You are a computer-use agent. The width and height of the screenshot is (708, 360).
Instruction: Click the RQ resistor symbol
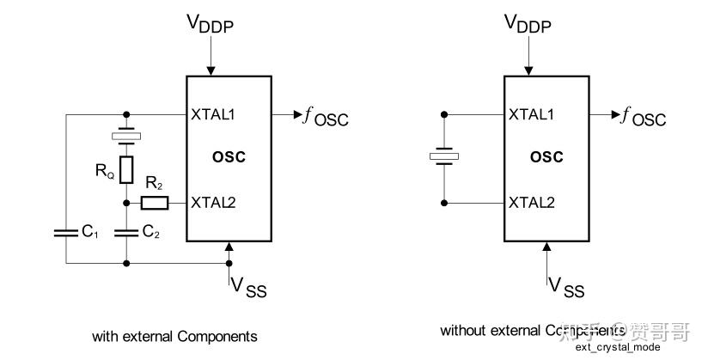[x=126, y=170]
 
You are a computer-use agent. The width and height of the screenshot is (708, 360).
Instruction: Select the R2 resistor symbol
[x=155, y=204]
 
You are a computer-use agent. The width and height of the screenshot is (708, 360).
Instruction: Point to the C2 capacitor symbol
[x=126, y=232]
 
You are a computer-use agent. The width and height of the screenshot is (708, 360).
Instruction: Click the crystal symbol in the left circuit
[x=126, y=137]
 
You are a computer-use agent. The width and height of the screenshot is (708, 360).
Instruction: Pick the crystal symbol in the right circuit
[x=444, y=157]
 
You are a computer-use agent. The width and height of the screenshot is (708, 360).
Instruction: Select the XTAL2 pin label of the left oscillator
[x=212, y=203]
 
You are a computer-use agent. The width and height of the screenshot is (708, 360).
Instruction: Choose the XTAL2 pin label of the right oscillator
[x=530, y=203]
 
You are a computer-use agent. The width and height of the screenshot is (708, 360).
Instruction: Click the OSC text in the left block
[x=229, y=157]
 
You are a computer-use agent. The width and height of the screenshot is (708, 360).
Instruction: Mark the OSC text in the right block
[x=546, y=157]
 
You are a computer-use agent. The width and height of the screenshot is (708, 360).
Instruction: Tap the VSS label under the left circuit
[x=247, y=288]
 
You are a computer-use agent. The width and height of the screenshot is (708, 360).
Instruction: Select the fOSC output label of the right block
[x=644, y=117]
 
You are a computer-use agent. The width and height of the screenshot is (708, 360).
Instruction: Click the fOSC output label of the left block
[x=327, y=117]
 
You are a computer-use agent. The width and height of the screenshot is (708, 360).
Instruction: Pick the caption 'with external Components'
[x=174, y=336]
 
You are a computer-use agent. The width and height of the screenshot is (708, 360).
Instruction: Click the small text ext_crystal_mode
[x=618, y=347]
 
